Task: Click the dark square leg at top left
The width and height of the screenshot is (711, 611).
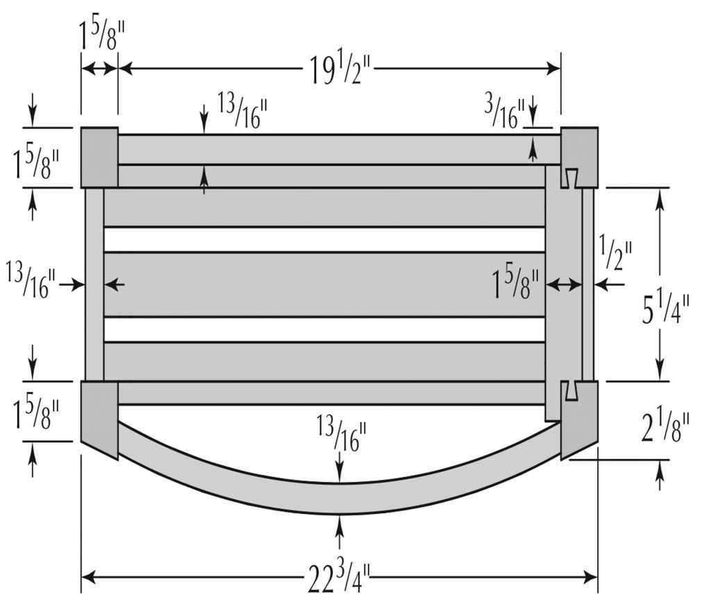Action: click(x=99, y=157)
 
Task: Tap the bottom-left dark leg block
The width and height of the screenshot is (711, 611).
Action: click(x=99, y=416)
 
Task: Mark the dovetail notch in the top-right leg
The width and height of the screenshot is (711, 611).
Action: click(x=571, y=178)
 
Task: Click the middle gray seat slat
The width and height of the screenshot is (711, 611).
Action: click(x=324, y=284)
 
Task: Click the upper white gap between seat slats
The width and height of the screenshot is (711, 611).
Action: click(x=324, y=239)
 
